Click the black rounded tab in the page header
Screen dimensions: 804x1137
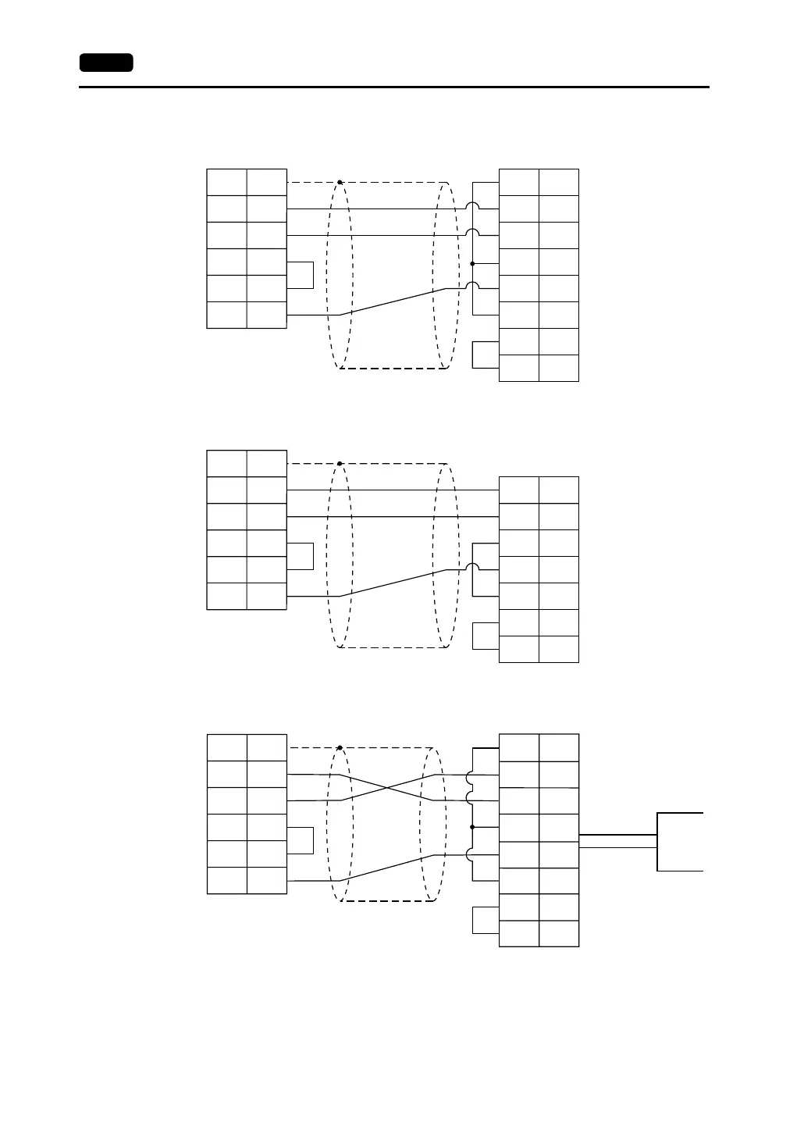coord(106,62)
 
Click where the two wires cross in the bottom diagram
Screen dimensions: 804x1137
coord(387,787)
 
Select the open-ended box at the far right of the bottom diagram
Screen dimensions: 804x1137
coord(680,841)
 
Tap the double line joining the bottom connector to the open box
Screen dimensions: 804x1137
coord(617,841)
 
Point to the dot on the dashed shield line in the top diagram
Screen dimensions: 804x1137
coord(340,183)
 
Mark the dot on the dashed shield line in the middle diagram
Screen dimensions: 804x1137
coord(340,464)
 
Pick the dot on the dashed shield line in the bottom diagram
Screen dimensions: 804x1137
coord(340,747)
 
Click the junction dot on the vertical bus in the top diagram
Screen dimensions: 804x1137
coord(473,264)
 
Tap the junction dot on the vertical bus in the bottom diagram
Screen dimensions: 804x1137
coord(473,827)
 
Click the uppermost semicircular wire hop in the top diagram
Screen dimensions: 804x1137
coord(473,206)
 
